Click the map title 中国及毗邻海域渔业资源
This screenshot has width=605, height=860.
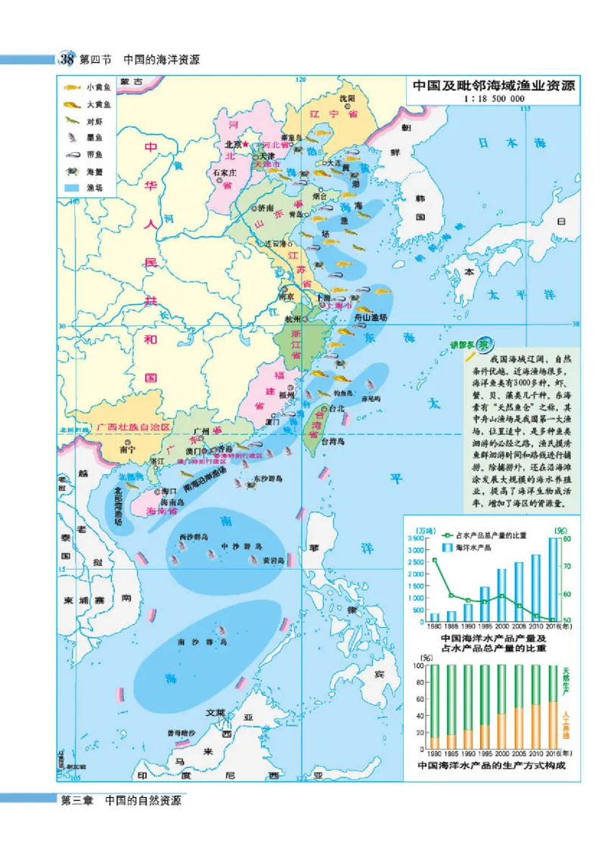coord(494,86)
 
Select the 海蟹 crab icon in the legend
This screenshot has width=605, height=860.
coord(73,171)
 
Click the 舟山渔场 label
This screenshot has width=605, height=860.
coord(371,318)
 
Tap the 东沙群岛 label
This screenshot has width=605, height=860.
coord(267,478)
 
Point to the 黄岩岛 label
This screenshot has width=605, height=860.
coord(273,560)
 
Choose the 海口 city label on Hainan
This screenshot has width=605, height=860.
coord(168,490)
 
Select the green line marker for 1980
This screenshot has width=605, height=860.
coord(434,560)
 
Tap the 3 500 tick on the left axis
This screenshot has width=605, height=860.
coord(416,538)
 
